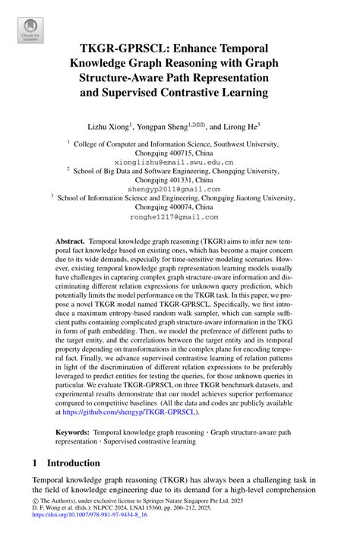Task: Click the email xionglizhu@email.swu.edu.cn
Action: click(x=179, y=162)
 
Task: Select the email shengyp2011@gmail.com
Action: click(x=179, y=188)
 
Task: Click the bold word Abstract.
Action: click(x=70, y=239)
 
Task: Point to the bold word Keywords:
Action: click(x=73, y=432)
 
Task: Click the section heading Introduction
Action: click(x=74, y=462)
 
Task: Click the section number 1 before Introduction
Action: click(x=36, y=462)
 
